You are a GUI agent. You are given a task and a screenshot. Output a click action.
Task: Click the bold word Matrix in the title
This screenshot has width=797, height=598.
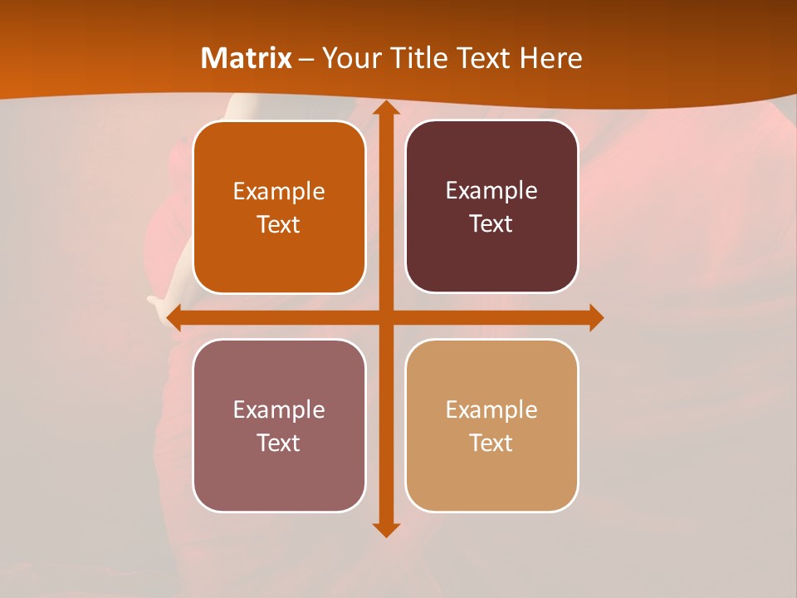pos(246,58)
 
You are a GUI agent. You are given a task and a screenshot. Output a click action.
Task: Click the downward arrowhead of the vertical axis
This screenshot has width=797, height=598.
pos(385,529)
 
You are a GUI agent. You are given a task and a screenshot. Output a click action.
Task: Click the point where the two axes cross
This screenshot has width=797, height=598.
pos(385,317)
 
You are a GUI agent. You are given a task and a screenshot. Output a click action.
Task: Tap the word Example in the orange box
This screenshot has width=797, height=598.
pos(279,192)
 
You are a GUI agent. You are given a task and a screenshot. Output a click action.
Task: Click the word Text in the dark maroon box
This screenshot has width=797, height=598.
pos(491,224)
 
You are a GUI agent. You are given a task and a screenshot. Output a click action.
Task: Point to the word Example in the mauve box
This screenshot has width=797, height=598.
pos(279,410)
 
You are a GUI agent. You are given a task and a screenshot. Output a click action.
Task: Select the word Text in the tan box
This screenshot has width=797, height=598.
pos(491,443)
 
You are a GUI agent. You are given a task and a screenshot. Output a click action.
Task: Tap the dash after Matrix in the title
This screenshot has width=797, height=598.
pos(306,59)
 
